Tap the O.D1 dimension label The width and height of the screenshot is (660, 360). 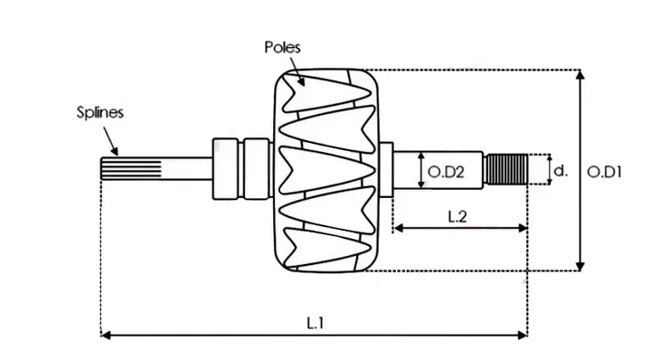point(608,170)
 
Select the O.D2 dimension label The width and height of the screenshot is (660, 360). point(446,170)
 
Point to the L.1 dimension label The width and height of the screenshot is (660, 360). point(315,321)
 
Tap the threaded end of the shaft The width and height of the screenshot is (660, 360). point(506,169)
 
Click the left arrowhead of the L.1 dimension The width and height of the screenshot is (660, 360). point(105,335)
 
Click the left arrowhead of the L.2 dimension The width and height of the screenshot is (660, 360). point(396,229)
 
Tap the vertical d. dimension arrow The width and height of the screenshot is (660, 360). point(548,169)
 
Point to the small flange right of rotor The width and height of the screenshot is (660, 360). point(386,169)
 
